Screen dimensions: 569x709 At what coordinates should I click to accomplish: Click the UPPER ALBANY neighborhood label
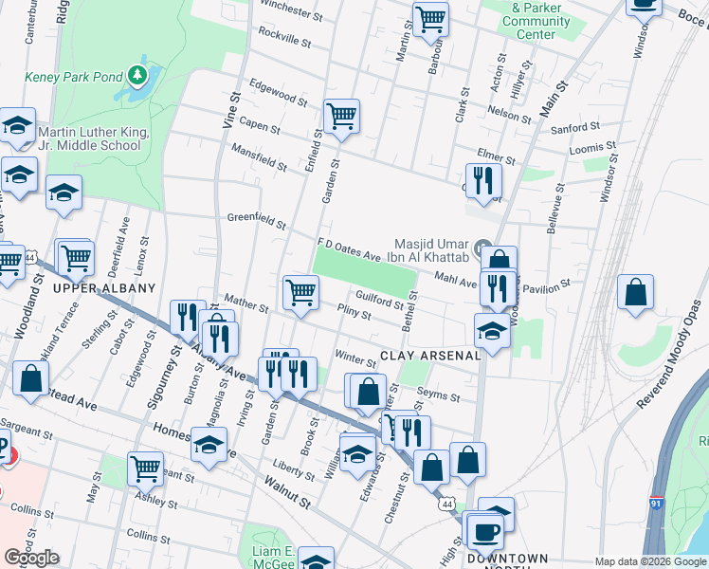tap(90, 287)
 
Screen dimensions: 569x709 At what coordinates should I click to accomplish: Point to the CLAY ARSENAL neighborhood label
tap(430, 355)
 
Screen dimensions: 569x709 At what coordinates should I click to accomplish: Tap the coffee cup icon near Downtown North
tap(486, 531)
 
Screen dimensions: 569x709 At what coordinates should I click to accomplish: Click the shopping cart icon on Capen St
tap(341, 118)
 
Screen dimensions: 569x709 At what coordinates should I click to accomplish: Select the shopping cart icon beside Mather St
tap(301, 292)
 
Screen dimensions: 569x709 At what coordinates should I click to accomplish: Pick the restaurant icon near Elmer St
tap(483, 179)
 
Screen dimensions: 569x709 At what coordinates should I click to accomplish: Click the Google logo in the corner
tap(31, 558)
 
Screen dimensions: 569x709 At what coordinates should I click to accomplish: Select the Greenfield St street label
tap(256, 222)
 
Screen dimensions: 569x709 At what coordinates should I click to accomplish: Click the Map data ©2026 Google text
tap(650, 561)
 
